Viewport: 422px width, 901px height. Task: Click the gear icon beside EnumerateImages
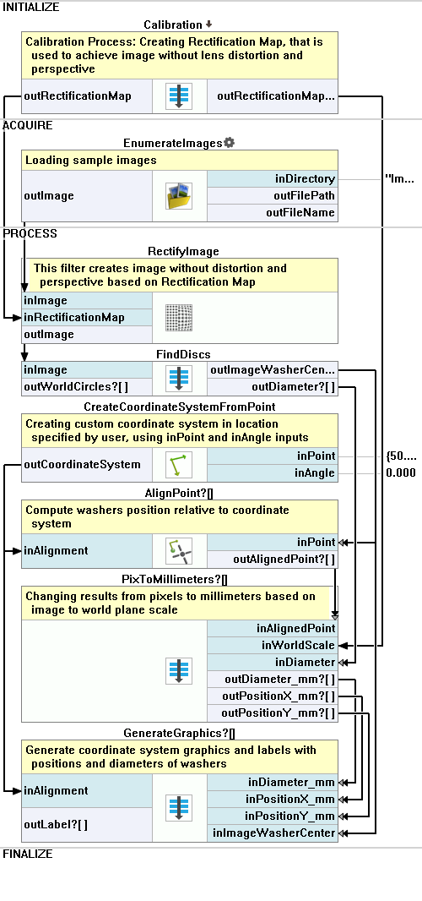pyautogui.click(x=229, y=143)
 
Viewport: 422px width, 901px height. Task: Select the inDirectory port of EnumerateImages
pyautogui.click(x=272, y=178)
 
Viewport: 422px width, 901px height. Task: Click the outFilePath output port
pyautogui.click(x=272, y=196)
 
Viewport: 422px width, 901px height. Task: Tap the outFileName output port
pyautogui.click(x=272, y=213)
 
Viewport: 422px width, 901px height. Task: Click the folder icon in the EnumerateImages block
pyautogui.click(x=179, y=196)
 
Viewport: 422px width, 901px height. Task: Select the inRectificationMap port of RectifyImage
pyautogui.click(x=87, y=317)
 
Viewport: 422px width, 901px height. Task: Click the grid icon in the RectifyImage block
pyautogui.click(x=179, y=318)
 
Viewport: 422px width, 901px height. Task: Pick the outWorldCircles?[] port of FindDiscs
pyautogui.click(x=87, y=387)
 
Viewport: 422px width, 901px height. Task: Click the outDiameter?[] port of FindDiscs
pyautogui.click(x=272, y=387)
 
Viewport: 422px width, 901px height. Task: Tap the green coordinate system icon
pyautogui.click(x=179, y=464)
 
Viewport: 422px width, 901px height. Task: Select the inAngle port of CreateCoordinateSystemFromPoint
pyautogui.click(x=272, y=473)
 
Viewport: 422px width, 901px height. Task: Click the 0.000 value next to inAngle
pyautogui.click(x=401, y=473)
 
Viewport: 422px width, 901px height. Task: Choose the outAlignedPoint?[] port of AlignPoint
pyautogui.click(x=272, y=559)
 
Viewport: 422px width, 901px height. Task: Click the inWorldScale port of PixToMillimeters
pyautogui.click(x=272, y=645)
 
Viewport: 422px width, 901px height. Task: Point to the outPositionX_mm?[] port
pyautogui.click(x=272, y=696)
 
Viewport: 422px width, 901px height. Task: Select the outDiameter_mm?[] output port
pyautogui.click(x=272, y=680)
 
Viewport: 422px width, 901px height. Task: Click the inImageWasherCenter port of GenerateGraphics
pyautogui.click(x=272, y=833)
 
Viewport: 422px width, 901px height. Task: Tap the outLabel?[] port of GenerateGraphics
pyautogui.click(x=87, y=825)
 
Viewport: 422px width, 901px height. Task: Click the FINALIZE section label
pyautogui.click(x=28, y=854)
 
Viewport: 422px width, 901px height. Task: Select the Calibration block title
pyautogui.click(x=173, y=25)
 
